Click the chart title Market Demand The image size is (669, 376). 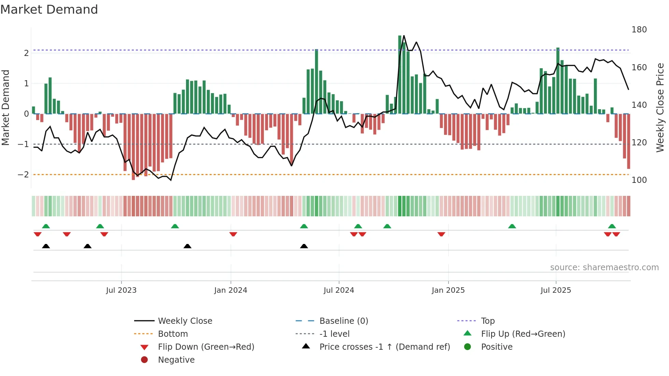coord(49,10)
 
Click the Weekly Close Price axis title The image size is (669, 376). coord(660,107)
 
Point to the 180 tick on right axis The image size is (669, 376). coord(639,30)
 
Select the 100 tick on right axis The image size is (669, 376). coord(639,180)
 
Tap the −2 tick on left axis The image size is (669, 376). coord(23,175)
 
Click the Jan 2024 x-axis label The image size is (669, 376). coord(230,290)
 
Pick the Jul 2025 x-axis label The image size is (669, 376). coord(556,290)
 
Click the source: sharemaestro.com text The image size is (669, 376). coord(604,267)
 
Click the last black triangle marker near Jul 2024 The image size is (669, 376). coord(304,246)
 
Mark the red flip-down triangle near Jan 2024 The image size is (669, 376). coord(233,234)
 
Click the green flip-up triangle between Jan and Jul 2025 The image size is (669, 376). coord(512,226)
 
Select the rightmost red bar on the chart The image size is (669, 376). coord(628,141)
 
